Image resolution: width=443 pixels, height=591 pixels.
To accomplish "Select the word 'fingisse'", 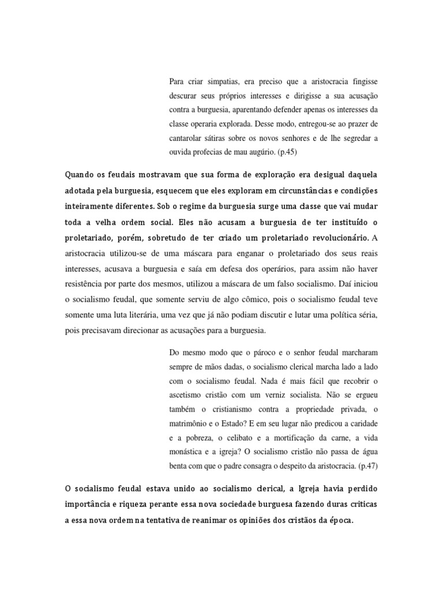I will click(362, 81).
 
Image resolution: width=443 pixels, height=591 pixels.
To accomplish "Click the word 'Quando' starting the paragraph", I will click(80, 174).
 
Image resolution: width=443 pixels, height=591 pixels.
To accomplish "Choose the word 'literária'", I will click(179, 315).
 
